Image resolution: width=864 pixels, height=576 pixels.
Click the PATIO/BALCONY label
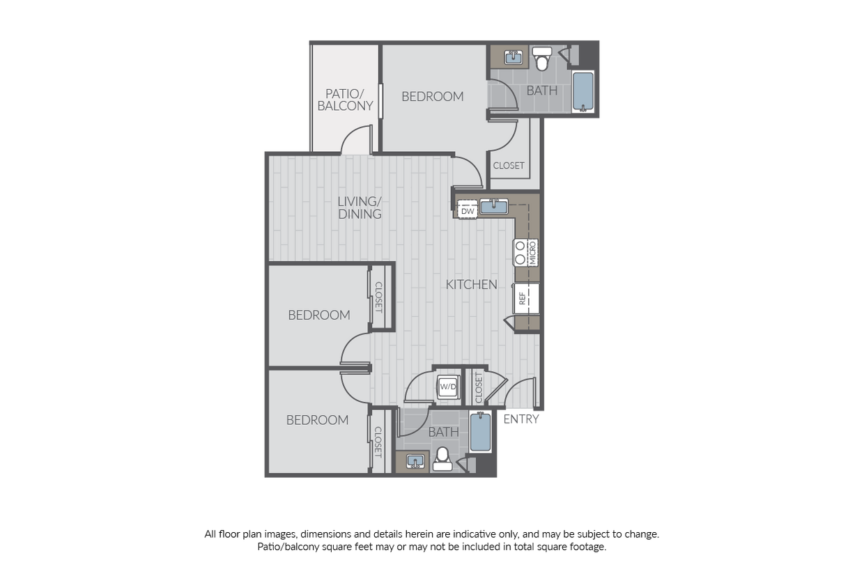[345, 100]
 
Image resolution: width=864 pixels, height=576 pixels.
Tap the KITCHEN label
[472, 284]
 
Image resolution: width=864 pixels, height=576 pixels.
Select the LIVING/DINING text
[360, 208]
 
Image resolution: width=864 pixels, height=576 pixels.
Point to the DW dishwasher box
[468, 210]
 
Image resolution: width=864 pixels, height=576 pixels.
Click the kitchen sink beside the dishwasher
[494, 206]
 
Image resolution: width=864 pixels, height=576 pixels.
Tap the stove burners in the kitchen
[520, 252]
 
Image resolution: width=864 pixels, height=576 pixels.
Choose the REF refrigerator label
[522, 298]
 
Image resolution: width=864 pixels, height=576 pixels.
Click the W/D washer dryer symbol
[447, 387]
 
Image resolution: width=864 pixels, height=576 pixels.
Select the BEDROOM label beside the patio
[433, 97]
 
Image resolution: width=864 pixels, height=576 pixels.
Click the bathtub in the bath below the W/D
[480, 433]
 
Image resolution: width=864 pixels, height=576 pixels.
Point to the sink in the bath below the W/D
[417, 461]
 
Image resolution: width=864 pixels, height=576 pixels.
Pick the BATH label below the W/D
[444, 433]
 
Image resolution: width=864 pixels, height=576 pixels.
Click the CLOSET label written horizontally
[509, 166]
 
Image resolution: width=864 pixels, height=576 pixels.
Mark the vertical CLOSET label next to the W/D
[479, 387]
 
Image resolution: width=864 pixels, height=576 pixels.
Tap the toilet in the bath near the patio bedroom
[542, 59]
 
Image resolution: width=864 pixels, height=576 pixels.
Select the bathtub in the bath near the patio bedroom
[583, 91]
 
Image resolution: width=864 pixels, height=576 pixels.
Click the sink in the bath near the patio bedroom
[514, 57]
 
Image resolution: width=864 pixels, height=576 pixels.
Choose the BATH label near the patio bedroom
[542, 91]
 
